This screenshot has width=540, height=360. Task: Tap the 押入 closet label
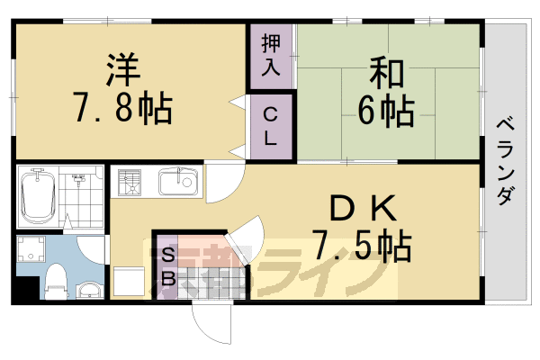[x=271, y=55]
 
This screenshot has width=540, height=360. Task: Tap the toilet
[x=55, y=280]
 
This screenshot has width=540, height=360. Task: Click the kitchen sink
[x=178, y=184]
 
